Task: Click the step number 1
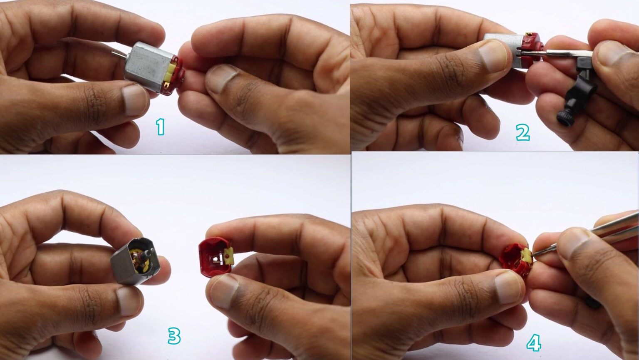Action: point(161,127)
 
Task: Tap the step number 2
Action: point(523,132)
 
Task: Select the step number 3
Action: point(174,336)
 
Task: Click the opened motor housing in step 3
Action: point(135,261)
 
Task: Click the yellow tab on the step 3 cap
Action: point(228,256)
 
